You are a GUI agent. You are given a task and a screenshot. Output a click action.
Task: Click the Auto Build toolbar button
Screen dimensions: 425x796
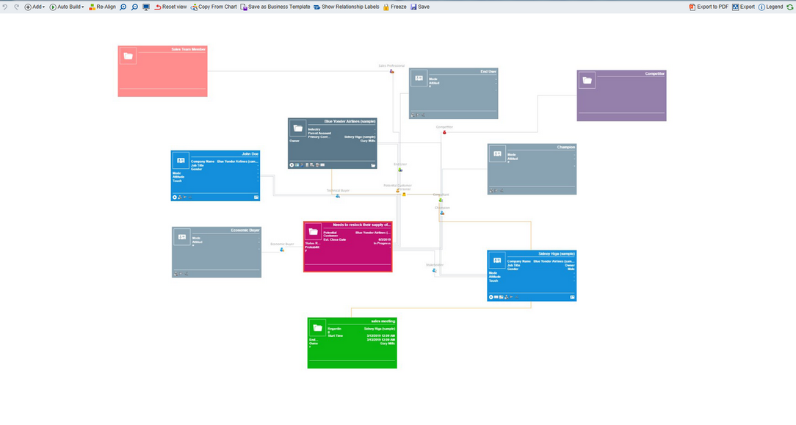pos(67,7)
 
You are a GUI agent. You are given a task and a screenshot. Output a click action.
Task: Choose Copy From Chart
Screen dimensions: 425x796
pos(214,7)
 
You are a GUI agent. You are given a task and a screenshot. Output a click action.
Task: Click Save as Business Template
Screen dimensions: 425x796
pos(275,7)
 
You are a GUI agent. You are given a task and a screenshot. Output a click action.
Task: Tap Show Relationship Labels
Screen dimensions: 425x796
pos(346,7)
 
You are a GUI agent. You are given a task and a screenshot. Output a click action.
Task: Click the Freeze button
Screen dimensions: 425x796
pos(394,7)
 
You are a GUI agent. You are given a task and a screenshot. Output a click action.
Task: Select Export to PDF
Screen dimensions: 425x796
pos(709,7)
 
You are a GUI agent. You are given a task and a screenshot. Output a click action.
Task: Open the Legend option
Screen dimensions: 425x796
pos(770,7)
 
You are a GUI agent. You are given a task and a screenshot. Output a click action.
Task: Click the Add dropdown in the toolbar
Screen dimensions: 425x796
pos(35,7)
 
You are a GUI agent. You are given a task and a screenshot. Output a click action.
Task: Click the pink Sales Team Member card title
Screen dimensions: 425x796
pos(188,49)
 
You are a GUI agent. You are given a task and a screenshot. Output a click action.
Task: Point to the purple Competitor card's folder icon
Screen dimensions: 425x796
pos(586,81)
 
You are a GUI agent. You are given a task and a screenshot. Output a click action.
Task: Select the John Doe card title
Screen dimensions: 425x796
pos(250,154)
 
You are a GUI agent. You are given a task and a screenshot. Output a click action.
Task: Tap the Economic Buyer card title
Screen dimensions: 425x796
pos(245,230)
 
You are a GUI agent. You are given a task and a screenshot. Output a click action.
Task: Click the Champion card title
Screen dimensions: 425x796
pos(565,147)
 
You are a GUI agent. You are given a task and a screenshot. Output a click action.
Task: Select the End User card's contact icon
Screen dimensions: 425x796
pos(419,79)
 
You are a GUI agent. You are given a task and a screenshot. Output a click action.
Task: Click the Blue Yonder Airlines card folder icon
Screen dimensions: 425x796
pos(297,128)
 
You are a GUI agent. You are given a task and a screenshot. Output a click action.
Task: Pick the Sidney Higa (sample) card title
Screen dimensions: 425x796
pos(557,253)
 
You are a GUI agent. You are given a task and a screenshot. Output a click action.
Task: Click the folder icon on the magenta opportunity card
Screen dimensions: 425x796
pos(314,232)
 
